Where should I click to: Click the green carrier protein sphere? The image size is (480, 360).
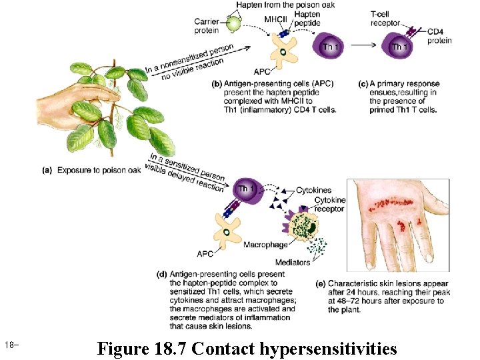tap(234, 24)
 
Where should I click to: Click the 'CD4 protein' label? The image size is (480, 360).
tap(439, 36)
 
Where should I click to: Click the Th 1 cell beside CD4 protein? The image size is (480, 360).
tap(397, 47)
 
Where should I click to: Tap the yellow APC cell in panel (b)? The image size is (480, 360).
tap(283, 51)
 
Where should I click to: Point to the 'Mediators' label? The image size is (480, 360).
tap(293, 263)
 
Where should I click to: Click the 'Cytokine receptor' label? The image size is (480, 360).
tap(329, 204)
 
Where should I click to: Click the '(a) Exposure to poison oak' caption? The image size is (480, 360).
tap(91, 169)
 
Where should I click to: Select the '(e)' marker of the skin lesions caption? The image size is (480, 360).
tap(321, 284)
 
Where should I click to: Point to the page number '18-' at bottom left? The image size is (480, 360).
tap(11, 345)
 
